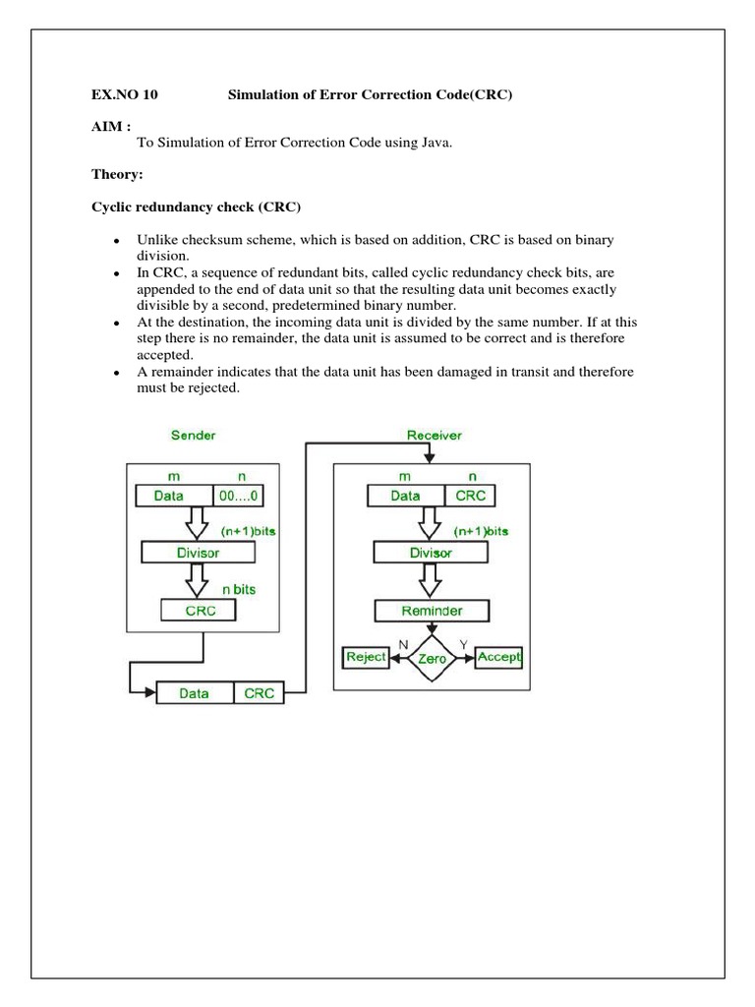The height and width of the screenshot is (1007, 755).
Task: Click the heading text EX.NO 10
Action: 124,95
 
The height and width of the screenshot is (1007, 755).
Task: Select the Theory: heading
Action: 117,176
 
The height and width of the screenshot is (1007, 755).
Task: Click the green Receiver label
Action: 434,434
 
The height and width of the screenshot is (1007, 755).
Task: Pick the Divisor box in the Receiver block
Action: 431,553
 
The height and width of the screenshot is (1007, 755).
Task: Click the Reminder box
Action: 431,610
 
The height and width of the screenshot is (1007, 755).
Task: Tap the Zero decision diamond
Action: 432,658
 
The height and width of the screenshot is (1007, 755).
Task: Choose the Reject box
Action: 365,656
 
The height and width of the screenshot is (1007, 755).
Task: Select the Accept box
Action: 498,656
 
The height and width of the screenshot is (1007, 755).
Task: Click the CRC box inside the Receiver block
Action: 470,496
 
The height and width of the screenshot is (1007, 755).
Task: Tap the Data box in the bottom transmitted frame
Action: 195,693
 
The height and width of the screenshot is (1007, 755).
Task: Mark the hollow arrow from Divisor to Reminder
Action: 431,581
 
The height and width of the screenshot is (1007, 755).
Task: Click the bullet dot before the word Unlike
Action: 117,242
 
